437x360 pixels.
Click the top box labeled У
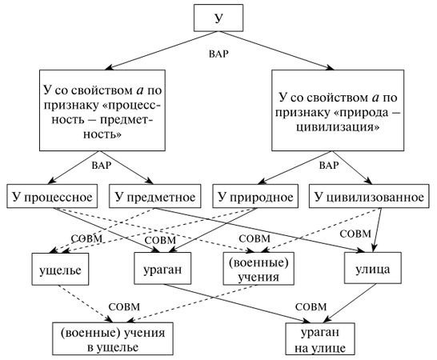tap(218, 19)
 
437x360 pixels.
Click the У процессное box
tap(54, 197)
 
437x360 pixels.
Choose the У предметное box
tap(153, 197)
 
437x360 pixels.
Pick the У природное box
tap(255, 197)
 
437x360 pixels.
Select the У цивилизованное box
tap(364, 197)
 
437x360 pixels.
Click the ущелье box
tap(57, 270)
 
